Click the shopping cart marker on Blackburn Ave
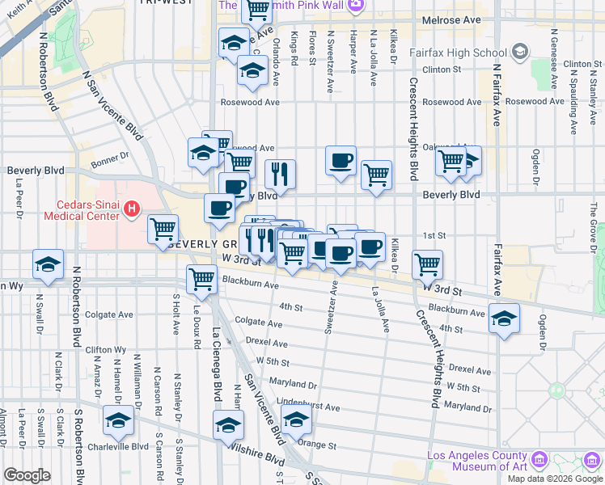[201, 280]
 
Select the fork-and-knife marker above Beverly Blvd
[280, 173]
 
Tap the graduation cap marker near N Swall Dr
[49, 264]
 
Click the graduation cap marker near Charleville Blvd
[118, 420]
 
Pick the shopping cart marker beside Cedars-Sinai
[163, 230]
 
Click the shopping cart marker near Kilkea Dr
[427, 264]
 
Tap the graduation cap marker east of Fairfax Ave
[504, 321]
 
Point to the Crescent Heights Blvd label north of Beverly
[412, 129]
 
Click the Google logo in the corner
[27, 474]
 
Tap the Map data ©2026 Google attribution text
[555, 479]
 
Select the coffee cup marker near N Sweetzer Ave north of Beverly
[341, 159]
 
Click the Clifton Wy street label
[106, 349]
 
